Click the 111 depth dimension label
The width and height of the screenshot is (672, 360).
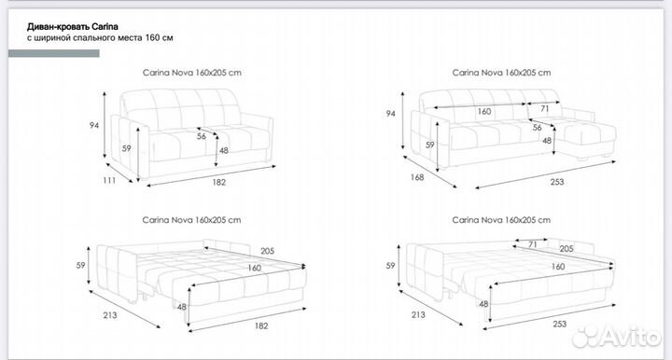[109, 180]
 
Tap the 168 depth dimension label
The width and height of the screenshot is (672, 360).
[417, 177]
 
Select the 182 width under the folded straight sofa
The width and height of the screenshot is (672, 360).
[218, 182]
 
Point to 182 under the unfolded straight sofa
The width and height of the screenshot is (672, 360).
[261, 325]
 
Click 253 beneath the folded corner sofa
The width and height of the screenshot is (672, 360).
[556, 182]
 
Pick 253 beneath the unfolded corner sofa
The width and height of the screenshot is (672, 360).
[559, 324]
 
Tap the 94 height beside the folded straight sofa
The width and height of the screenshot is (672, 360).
[94, 125]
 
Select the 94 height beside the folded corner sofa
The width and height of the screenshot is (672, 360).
[390, 114]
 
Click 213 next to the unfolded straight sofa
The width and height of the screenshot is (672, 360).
[110, 315]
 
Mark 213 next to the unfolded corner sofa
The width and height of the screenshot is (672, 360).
[418, 314]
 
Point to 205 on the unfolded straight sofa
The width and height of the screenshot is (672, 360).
[267, 251]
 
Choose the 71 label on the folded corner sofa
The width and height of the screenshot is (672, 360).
[544, 109]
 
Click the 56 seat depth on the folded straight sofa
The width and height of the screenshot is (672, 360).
[202, 136]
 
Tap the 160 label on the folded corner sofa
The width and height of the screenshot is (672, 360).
[483, 111]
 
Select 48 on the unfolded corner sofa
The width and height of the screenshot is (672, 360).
[483, 304]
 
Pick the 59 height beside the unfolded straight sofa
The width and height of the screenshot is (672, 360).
[80, 266]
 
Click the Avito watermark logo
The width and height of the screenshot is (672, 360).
[616, 337]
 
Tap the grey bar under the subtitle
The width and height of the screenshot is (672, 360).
[54, 53]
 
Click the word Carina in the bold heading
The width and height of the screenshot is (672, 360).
[105, 26]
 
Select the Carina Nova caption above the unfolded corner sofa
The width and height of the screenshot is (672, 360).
[501, 220]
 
